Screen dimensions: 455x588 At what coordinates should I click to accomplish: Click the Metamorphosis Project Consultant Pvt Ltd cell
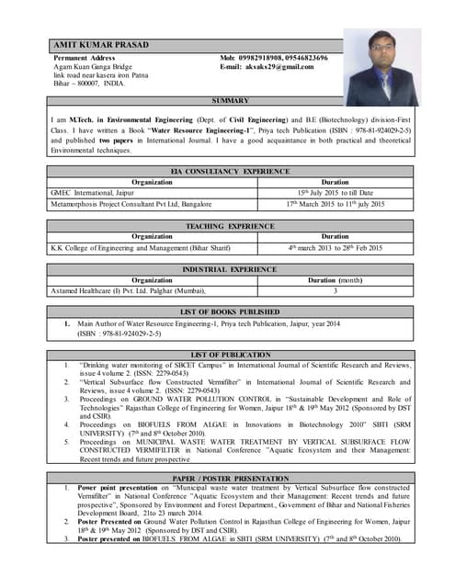pyautogui.click(x=131, y=203)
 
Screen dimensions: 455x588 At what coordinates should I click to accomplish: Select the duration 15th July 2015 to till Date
pyautogui.click(x=335, y=192)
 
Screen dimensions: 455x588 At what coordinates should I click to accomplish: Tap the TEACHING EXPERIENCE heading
pyautogui.click(x=230, y=225)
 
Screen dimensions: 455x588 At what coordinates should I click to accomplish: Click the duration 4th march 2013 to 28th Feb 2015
pyautogui.click(x=335, y=247)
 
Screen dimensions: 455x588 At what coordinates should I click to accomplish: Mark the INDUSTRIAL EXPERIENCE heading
pyautogui.click(x=230, y=269)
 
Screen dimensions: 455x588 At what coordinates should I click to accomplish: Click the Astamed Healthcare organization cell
pyautogui.click(x=128, y=290)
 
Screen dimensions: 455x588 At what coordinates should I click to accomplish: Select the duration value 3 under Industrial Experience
pyautogui.click(x=335, y=290)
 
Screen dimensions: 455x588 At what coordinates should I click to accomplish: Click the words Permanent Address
pyautogui.click(x=85, y=58)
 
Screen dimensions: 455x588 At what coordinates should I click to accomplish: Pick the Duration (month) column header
pyautogui.click(x=335, y=279)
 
